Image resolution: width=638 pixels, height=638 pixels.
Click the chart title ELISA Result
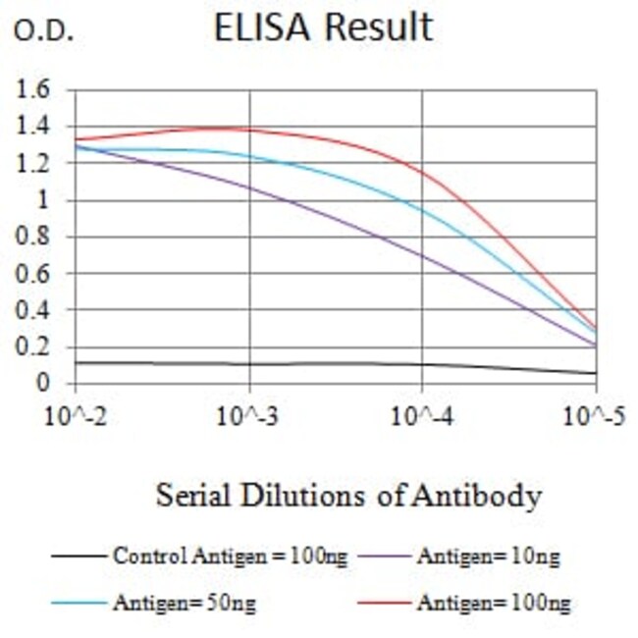coord(323,27)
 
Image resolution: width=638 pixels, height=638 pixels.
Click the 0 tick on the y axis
coord(42,384)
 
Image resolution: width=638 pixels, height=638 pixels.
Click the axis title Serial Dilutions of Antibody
coord(348,496)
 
